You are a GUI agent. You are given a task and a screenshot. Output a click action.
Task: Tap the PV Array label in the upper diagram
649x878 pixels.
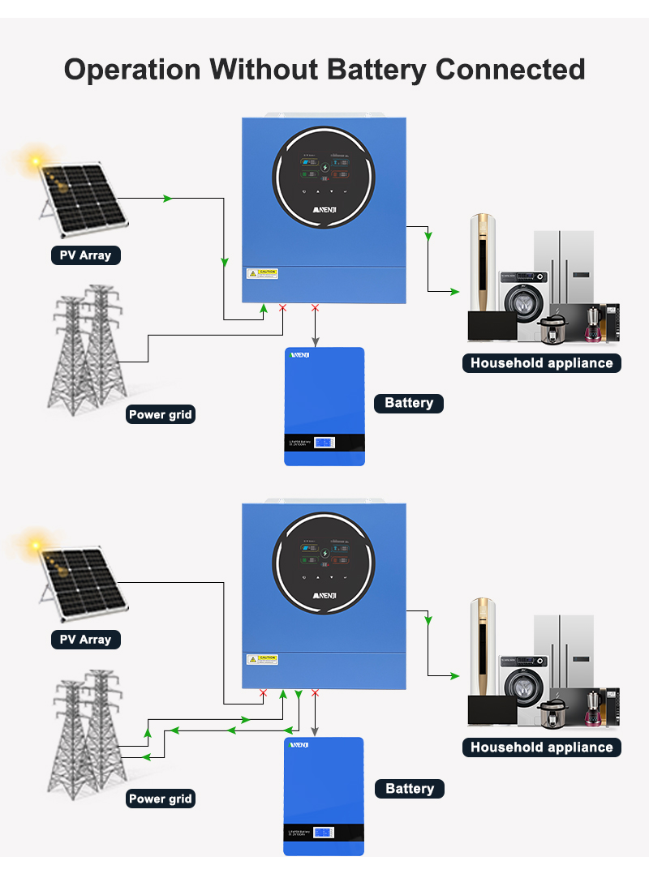coord(85,255)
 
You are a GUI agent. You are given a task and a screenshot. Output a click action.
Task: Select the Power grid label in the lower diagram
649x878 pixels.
coord(161,799)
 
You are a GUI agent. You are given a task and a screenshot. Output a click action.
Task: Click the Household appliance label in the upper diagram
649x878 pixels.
coord(541,363)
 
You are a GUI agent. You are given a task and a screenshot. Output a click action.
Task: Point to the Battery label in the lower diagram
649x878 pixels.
coord(410,789)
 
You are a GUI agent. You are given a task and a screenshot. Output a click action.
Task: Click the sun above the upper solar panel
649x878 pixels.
coord(36,160)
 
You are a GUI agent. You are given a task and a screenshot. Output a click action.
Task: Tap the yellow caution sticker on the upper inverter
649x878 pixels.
coord(262,273)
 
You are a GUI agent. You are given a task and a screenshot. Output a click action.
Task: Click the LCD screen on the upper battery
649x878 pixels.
coord(324,443)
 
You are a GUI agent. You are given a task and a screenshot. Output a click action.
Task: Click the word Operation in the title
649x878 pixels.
coord(132,70)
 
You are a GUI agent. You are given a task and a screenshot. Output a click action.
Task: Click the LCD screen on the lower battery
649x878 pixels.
coord(324,833)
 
